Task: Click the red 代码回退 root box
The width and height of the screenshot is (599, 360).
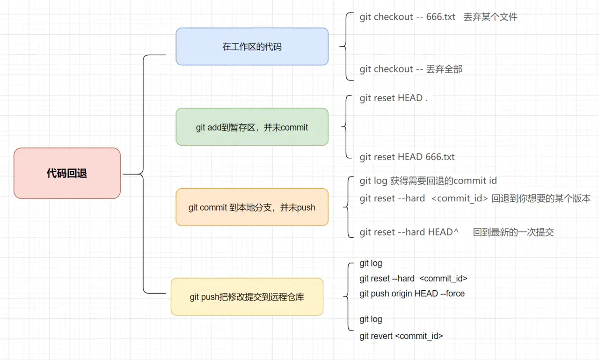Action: pos(67,173)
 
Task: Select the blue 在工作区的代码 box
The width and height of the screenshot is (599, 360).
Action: pos(252,46)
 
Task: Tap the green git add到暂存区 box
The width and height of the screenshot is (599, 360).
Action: pos(252,127)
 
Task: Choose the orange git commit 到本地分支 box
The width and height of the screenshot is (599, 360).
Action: pos(252,207)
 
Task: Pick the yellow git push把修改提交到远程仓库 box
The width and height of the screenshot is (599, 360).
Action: pos(247,297)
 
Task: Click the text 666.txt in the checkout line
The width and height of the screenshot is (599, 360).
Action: pos(440,17)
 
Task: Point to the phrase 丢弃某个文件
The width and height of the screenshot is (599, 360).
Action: pos(490,17)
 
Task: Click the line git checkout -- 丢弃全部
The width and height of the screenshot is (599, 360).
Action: pos(411,69)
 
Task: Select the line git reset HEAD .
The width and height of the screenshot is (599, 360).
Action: pos(394,98)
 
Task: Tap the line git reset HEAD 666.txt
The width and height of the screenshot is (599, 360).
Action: pos(407,157)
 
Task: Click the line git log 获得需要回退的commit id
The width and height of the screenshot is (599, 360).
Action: pos(428,181)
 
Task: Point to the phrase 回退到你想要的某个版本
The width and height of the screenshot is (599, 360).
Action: pos(541,198)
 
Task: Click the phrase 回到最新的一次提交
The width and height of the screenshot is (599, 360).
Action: pos(513,232)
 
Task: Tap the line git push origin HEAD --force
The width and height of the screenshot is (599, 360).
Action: pos(412,294)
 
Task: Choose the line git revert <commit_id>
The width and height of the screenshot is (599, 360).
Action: pos(401,336)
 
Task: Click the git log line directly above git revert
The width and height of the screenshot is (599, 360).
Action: pos(371,319)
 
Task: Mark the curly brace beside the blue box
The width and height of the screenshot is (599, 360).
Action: pos(346,46)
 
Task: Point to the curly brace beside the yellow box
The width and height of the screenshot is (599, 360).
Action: pos(347,296)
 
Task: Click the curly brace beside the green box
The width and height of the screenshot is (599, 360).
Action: pos(346,127)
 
